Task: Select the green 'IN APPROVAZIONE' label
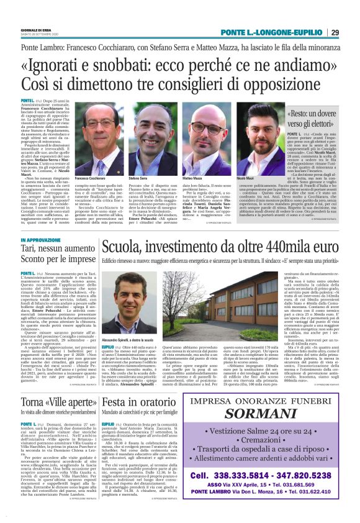pos(41,240)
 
